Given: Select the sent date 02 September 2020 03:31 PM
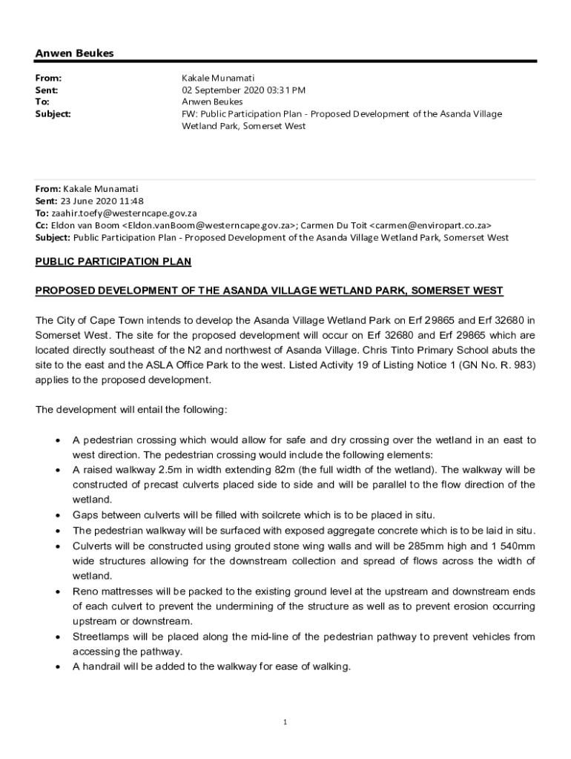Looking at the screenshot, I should tap(243, 90).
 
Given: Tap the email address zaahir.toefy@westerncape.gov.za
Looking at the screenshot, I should tap(124, 213).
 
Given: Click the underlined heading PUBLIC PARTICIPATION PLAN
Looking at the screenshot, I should tap(113, 262).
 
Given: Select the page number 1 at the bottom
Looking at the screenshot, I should tap(285, 723).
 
